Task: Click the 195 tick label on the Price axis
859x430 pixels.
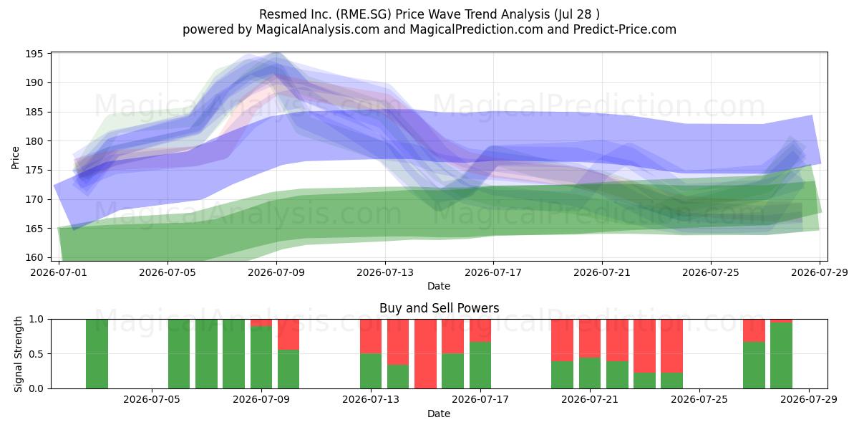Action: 34,54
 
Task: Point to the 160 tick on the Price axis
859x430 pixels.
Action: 34,257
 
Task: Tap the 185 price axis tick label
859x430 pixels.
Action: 34,112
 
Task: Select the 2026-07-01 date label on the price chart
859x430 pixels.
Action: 59,272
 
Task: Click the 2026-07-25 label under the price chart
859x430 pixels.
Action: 711,272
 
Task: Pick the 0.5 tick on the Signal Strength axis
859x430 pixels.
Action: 37,353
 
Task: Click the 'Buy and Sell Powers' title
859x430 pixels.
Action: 439,308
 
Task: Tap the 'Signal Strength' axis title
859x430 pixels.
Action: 18,354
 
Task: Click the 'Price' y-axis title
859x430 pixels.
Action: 15,158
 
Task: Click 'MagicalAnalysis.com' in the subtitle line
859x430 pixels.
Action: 318,29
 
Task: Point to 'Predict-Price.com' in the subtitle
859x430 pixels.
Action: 625,29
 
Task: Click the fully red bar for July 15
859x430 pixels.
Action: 425,353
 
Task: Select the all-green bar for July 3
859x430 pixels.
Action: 97,353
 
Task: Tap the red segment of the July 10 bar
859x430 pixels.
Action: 288,335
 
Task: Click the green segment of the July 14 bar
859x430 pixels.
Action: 398,376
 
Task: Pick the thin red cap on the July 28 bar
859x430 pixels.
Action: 781,321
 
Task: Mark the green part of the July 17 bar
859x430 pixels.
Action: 480,365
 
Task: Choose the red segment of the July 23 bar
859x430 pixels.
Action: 644,346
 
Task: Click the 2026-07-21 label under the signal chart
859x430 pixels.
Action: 590,399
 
